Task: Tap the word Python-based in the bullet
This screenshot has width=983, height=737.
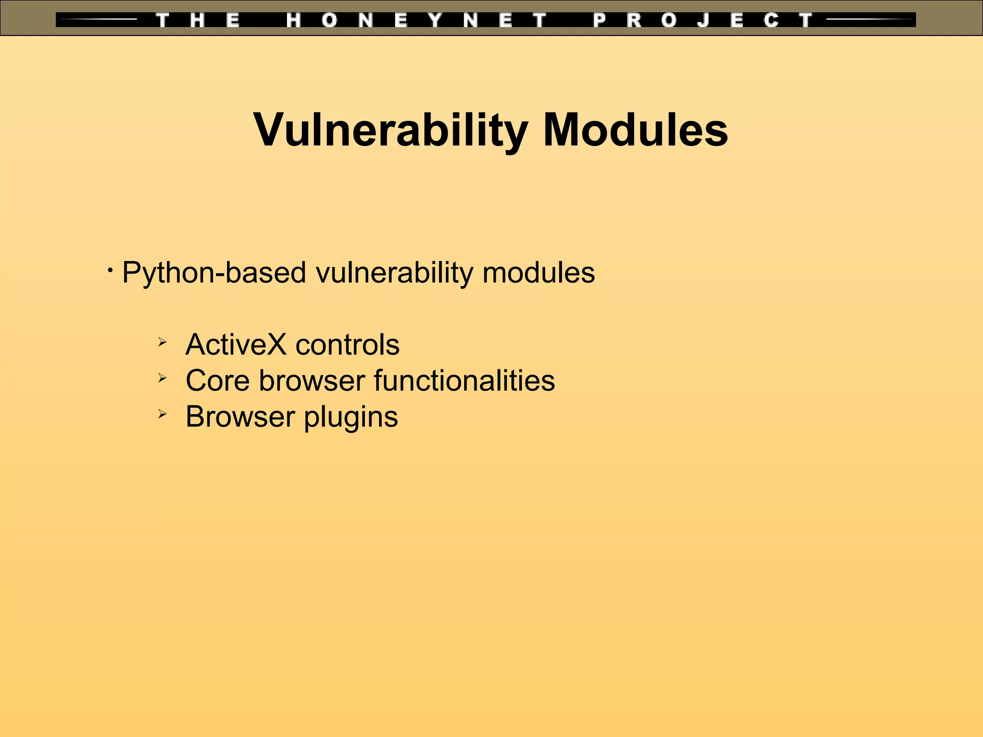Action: click(x=214, y=273)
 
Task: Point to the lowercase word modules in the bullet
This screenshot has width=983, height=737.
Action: click(x=539, y=273)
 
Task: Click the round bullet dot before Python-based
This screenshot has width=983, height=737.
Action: click(x=110, y=271)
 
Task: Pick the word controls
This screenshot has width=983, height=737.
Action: click(x=348, y=345)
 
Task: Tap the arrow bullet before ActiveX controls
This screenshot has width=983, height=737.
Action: click(x=162, y=343)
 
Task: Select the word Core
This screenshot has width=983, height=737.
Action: click(x=217, y=380)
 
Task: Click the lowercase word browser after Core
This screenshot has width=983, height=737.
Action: click(x=312, y=380)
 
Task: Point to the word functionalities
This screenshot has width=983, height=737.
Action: click(x=464, y=380)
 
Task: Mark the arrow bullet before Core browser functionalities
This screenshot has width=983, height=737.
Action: click(x=162, y=379)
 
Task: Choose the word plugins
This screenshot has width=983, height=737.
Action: click(x=351, y=416)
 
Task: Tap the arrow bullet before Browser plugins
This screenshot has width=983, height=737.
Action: click(x=162, y=414)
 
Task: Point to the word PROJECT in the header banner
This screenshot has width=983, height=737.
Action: click(x=703, y=20)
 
